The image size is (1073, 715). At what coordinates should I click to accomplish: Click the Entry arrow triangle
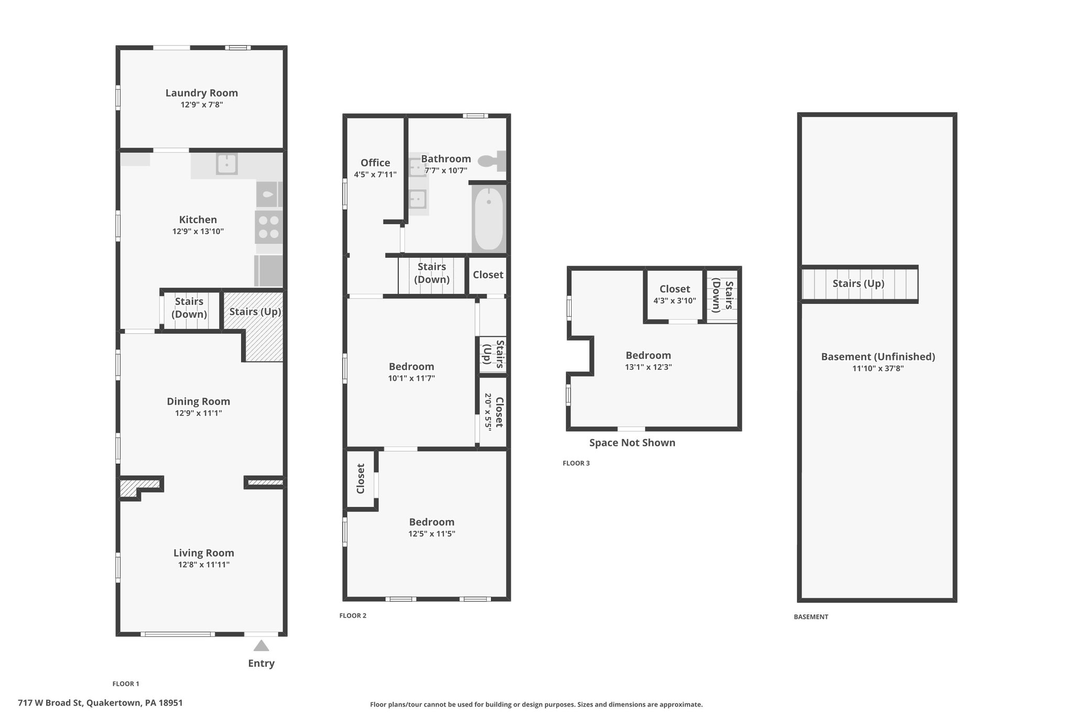[261, 645]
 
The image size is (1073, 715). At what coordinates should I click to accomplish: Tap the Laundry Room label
[202, 93]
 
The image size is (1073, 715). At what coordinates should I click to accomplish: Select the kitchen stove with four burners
[269, 227]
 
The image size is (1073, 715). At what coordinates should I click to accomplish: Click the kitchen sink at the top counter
[227, 164]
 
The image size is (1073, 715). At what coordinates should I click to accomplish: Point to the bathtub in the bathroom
[488, 220]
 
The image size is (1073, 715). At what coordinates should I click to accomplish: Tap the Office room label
[375, 162]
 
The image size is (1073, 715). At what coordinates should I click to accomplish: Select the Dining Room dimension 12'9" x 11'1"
[198, 413]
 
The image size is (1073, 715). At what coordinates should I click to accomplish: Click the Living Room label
[204, 553]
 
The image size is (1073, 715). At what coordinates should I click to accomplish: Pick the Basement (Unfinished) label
[878, 357]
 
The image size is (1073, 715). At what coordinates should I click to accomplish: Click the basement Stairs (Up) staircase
[860, 284]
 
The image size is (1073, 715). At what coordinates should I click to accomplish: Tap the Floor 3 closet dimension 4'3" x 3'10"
[675, 301]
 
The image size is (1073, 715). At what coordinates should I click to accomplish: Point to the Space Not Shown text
[632, 443]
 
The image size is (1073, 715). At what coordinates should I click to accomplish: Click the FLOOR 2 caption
[353, 615]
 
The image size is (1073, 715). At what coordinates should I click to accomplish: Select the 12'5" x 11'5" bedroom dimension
[432, 534]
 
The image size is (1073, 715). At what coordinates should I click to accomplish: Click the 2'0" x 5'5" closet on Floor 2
[492, 411]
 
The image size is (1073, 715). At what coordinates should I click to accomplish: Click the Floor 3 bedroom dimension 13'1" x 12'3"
[649, 367]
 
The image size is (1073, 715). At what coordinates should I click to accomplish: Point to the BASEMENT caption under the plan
[811, 617]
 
